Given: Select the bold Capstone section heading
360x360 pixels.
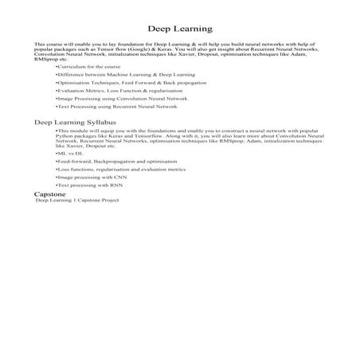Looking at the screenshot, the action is [x=49, y=194].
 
